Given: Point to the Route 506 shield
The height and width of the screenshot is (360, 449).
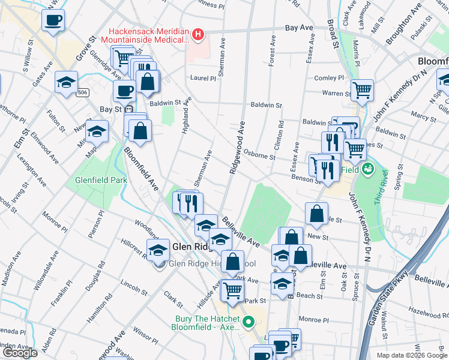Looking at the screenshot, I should click(x=83, y=92).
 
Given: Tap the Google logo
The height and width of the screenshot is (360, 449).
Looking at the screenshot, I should click(x=19, y=353).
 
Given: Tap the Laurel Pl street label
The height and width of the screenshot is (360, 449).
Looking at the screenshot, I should click(x=203, y=78).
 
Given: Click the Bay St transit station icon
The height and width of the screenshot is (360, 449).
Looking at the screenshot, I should click(x=127, y=109).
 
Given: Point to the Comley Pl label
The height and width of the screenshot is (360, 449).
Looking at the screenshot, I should click(x=329, y=78).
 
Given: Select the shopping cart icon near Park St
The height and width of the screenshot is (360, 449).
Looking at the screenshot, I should click(x=232, y=290).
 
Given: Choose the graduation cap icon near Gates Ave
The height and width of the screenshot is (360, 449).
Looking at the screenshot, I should click(x=66, y=82).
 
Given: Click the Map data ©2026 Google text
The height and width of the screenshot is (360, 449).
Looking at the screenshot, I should click(x=412, y=355).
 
